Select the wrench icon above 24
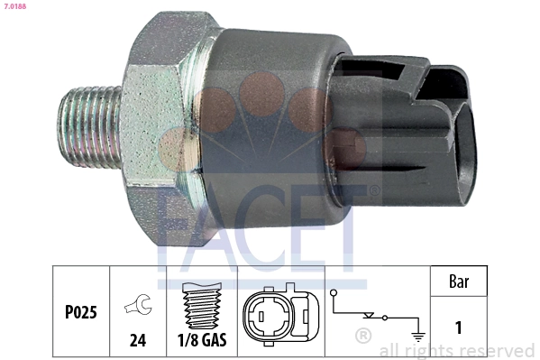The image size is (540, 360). (x=138, y=308)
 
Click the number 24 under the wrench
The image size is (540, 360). (x=138, y=341)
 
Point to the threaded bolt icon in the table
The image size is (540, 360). (x=200, y=306)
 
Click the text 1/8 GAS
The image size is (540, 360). (x=200, y=341)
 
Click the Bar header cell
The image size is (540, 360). (x=458, y=282)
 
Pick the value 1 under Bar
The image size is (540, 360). (x=458, y=328)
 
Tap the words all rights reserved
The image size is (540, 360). (x=456, y=350)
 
